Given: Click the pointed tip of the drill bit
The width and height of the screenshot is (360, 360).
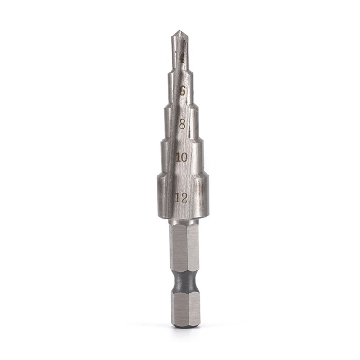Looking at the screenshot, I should point(179,31).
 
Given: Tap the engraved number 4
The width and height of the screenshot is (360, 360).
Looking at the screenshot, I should point(182,58).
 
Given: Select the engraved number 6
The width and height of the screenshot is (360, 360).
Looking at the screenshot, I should point(182,91).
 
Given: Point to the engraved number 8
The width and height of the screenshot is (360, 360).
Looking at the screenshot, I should point(182,125).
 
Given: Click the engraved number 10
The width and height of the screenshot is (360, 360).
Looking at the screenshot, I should point(182,157).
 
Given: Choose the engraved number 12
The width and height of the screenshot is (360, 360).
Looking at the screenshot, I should point(181,198).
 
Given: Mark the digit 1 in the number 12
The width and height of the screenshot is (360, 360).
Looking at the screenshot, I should point(178,198).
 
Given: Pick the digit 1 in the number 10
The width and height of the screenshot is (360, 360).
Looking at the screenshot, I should point(178,157).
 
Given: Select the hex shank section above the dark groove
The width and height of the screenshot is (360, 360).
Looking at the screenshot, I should point(184,247).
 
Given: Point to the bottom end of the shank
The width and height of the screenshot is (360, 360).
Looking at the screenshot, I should point(185,325).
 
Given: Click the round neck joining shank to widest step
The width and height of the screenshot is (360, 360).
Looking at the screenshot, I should point(184,221).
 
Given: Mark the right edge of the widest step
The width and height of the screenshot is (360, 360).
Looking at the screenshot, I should point(207,196).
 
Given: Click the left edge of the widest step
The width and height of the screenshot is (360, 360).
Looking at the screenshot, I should point(158,196).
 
